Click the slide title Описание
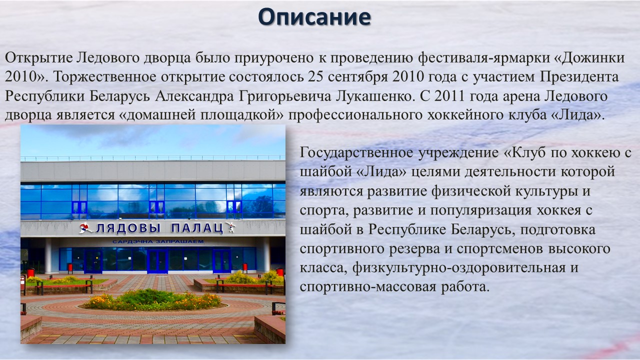[314, 17]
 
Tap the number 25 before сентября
[315, 76]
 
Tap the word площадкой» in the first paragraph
[241, 115]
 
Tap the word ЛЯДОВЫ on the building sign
[128, 228]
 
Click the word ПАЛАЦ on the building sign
[196, 228]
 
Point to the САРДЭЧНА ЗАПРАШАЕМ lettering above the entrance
[158, 241]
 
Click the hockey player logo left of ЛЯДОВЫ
[85, 228]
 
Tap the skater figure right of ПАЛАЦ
[230, 227]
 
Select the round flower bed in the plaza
[153, 300]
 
